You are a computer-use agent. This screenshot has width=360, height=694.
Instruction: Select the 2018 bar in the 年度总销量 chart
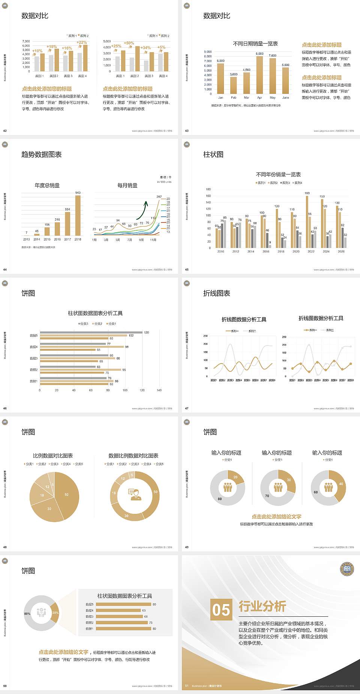click(78, 215)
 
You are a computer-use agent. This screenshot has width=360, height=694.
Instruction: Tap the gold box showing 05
click(221, 609)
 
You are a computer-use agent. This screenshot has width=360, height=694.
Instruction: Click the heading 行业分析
click(262, 606)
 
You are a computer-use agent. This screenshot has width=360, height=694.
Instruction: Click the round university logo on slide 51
click(347, 569)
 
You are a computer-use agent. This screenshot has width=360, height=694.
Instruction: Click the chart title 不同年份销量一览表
click(278, 174)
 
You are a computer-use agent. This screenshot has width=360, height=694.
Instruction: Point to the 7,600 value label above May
click(273, 56)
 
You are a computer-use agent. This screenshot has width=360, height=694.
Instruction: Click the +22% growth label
click(82, 42)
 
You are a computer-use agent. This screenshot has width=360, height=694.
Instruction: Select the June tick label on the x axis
click(286, 98)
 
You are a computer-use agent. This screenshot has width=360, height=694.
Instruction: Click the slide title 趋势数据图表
click(42, 155)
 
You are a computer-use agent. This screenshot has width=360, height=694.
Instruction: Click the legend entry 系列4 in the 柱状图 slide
click(298, 183)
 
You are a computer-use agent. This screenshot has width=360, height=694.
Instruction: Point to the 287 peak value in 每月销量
click(159, 197)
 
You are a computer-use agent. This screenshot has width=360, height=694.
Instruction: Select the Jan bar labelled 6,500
click(220, 78)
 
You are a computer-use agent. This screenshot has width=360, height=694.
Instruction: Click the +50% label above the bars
click(129, 43)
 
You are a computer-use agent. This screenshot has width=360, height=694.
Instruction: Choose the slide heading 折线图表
click(217, 293)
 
